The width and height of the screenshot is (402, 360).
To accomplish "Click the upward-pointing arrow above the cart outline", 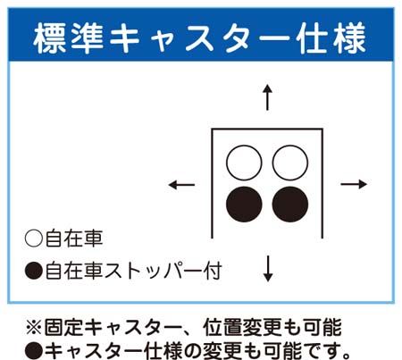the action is click(267, 97).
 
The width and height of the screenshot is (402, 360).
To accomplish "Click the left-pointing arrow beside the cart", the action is click(181, 185).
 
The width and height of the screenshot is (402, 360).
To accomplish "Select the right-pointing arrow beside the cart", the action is click(354, 184).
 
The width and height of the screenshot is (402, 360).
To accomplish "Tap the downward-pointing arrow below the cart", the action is click(268, 268).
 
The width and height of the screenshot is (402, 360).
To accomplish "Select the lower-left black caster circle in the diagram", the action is click(244, 205).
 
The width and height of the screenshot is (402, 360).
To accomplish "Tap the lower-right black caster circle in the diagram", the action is click(290, 205).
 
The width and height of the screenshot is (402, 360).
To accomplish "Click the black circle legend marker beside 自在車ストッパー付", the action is click(34, 271).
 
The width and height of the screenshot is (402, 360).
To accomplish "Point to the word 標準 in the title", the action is click(69, 38).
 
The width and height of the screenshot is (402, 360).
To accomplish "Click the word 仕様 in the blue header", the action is click(332, 38).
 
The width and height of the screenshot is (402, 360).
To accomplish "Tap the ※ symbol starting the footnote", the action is click(34, 328).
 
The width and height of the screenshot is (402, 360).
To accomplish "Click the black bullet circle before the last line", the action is click(34, 352).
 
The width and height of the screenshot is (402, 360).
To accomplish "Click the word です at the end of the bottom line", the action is click(323, 351).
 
